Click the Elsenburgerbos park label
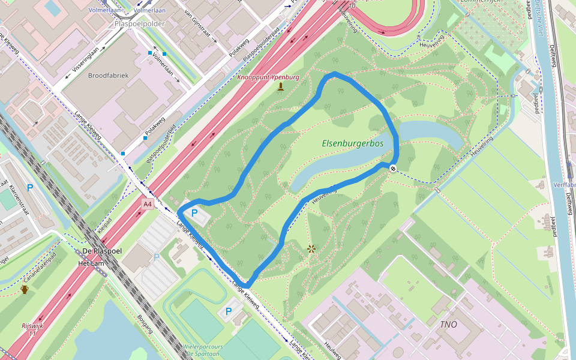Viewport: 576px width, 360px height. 352,143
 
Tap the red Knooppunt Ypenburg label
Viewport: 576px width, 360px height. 268,77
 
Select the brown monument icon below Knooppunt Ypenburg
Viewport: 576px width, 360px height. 281,87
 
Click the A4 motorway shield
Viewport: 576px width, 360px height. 148,204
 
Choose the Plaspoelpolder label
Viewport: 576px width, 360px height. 139,24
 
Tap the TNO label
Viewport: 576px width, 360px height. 448,324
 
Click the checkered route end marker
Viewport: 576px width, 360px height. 392,169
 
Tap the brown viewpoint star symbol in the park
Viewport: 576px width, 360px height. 311,248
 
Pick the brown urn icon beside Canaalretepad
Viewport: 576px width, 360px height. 25,290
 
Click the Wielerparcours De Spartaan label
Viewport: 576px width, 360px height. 204,350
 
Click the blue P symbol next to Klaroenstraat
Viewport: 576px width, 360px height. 30,188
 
